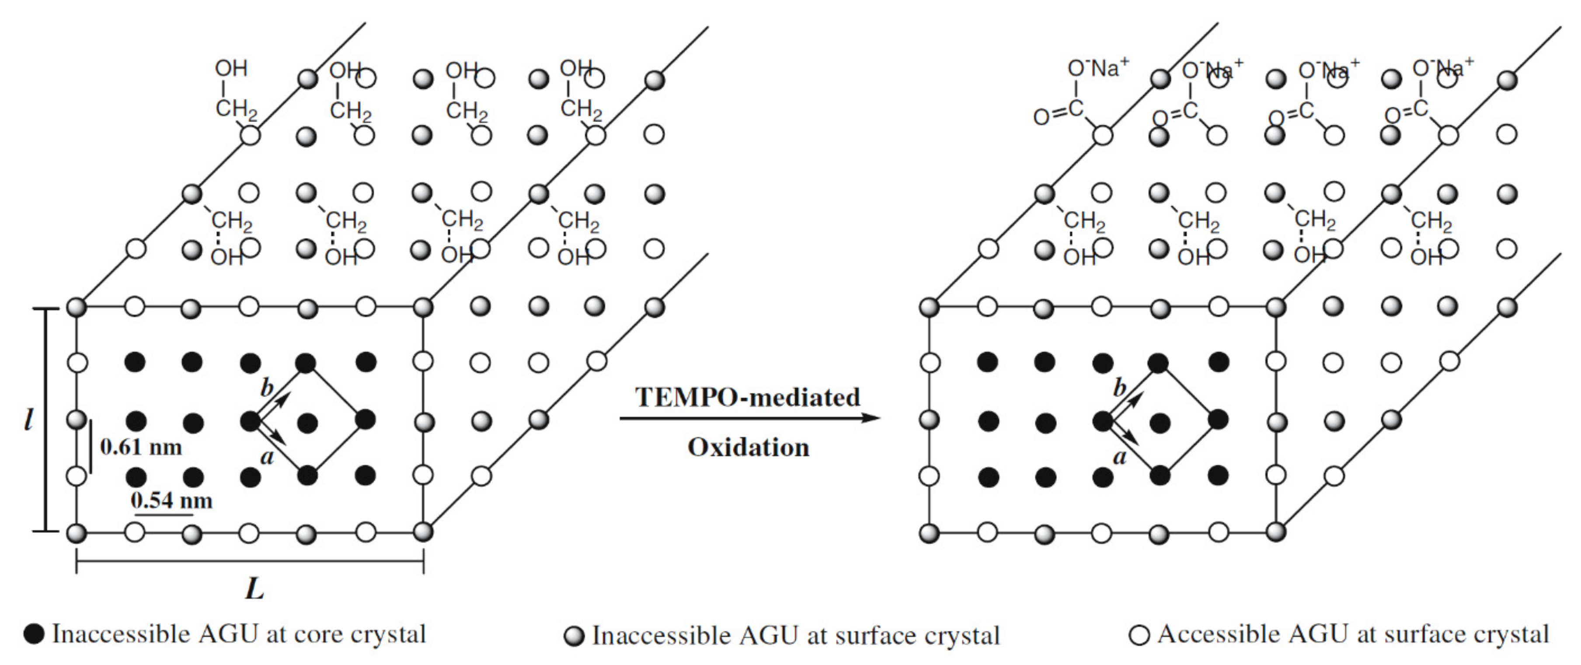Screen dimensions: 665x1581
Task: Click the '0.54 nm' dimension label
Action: coord(172,500)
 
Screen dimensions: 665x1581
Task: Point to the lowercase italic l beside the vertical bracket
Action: coord(28,420)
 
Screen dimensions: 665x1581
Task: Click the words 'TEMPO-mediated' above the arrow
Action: coord(748,397)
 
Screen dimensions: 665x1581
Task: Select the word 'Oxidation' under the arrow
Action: coord(748,447)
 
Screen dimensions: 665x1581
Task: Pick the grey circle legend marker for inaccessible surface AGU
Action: coord(574,636)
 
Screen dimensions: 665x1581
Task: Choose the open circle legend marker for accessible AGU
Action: coord(1139,635)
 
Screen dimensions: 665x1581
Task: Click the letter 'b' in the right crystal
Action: coord(1120,388)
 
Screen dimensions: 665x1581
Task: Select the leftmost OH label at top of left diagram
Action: coord(231,68)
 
